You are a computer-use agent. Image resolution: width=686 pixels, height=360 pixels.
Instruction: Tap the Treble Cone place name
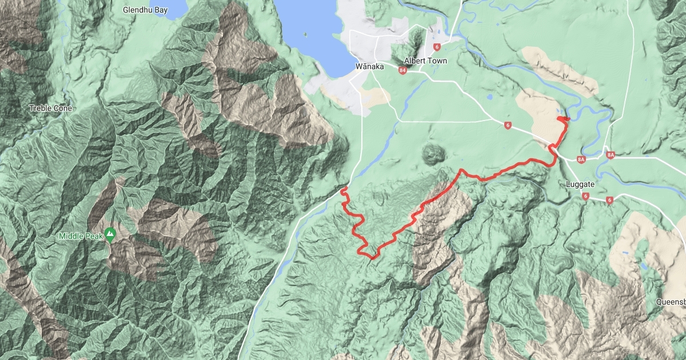pos(52,108)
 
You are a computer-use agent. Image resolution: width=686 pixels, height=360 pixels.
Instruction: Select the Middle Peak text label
pos(81,236)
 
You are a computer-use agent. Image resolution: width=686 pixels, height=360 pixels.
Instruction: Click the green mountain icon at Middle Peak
pos(111,234)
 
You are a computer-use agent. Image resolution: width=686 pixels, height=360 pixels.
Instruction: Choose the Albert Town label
pos(425,61)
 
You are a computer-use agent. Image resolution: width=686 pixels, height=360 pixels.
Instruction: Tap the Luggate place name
pos(581,185)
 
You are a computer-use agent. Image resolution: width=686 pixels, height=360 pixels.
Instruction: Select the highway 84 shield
pos(403,70)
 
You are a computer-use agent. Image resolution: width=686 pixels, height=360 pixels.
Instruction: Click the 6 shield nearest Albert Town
pos(437,47)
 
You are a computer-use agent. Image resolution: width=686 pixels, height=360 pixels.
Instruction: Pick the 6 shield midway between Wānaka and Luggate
pos(508,126)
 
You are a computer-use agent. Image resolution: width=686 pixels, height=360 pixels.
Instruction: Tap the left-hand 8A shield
pos(582,159)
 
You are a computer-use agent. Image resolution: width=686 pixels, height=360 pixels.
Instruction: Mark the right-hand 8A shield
pos(611,155)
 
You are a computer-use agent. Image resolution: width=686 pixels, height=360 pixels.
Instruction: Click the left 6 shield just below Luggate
pos(586,196)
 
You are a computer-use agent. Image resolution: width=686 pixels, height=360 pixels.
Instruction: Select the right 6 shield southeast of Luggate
pos(610,200)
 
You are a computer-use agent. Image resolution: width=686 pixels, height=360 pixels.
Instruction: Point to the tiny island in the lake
pos(305,34)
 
